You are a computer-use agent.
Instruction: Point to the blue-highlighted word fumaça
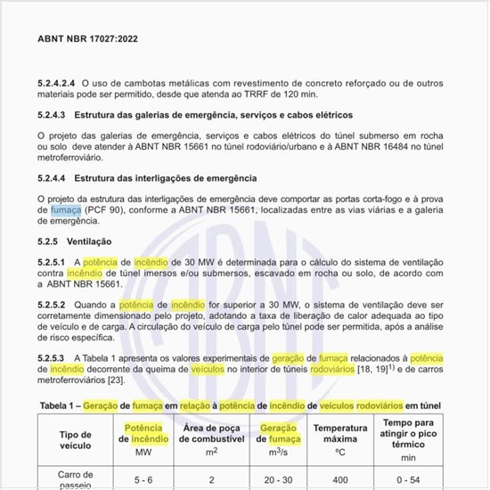click(x=67, y=208)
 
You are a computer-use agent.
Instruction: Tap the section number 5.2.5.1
click(x=53, y=263)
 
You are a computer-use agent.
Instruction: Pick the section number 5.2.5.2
click(x=53, y=305)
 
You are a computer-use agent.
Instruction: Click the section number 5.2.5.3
click(x=53, y=357)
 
